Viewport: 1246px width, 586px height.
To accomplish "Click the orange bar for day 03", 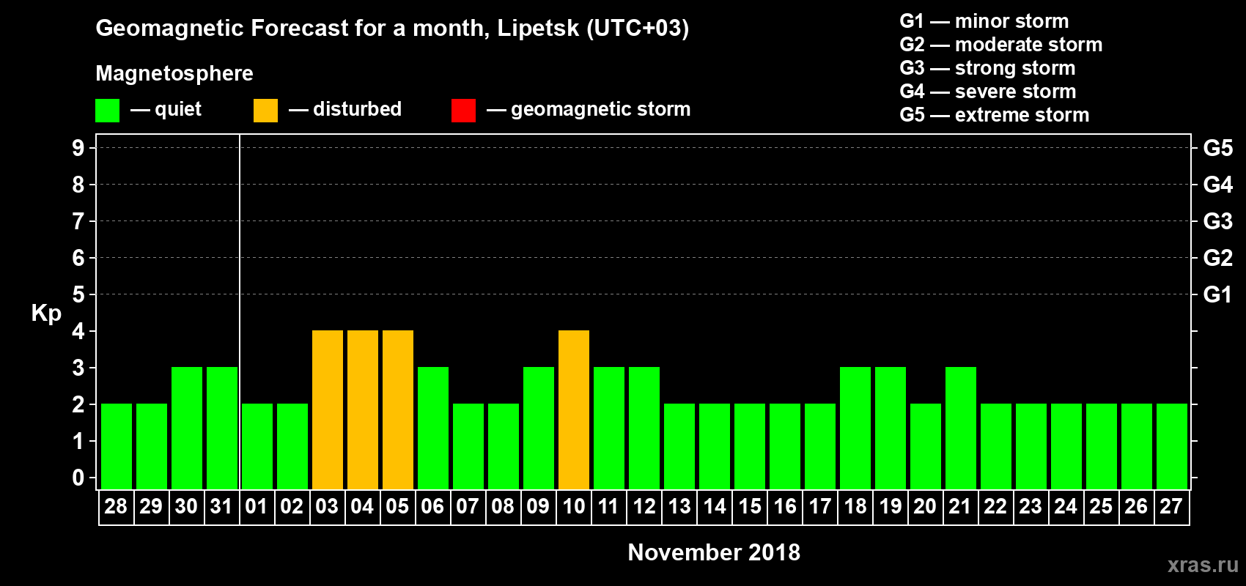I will click(328, 409).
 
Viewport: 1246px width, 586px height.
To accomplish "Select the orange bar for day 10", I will click(574, 409).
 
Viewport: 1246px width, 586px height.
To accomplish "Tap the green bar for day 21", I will click(961, 428).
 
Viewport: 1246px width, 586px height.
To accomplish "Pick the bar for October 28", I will click(117, 446).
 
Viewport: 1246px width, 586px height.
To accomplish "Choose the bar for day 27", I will click(1172, 446).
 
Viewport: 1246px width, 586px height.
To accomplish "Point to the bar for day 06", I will click(433, 428).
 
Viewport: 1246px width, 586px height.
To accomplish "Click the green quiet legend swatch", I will click(108, 111).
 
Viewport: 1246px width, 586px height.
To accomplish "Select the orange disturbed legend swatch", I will click(265, 111).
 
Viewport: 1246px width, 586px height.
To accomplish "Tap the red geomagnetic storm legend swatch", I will click(463, 111).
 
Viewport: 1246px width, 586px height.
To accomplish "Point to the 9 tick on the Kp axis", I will click(78, 148).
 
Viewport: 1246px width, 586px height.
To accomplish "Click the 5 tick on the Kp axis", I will click(78, 294).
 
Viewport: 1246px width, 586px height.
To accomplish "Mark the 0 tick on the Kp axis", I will click(78, 478).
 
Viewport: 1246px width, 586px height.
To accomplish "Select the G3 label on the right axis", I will click(1217, 221).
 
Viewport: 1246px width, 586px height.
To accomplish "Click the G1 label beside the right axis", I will click(1217, 294).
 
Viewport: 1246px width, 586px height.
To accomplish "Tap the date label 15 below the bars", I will click(750, 507).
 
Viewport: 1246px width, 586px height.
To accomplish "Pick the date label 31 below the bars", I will click(221, 507).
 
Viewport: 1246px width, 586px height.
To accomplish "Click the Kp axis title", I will click(46, 314).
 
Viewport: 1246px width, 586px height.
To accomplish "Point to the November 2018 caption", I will click(714, 552).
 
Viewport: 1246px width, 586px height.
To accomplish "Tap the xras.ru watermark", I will click(1203, 565).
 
